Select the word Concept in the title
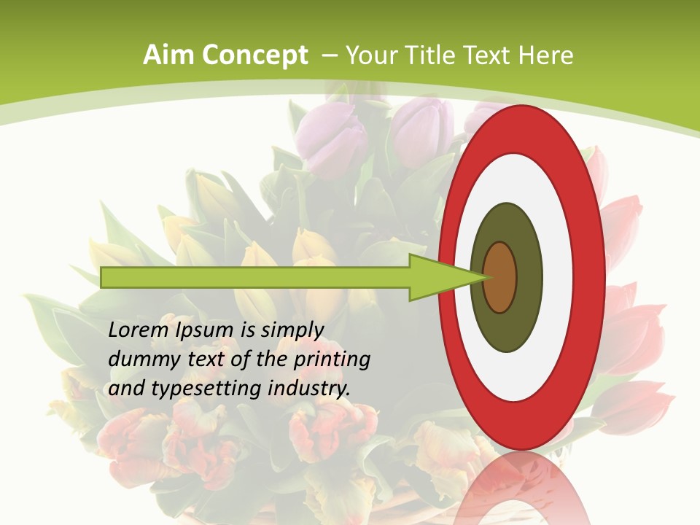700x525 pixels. (255, 55)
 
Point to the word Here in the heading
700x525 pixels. (547, 55)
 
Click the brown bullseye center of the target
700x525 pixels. (500, 278)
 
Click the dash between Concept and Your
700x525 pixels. (328, 55)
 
